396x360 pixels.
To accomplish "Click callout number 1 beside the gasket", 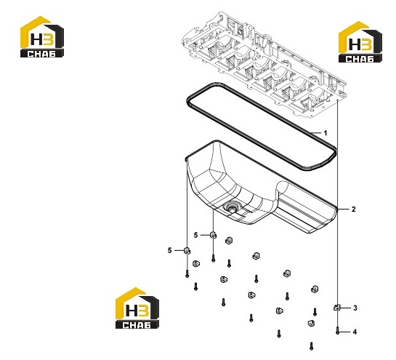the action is point(326,133).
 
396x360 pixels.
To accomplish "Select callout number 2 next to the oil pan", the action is point(354,209).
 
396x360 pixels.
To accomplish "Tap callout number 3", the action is point(355,308).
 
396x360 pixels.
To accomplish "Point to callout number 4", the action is point(355,332).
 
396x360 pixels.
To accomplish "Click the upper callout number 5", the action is point(196,235).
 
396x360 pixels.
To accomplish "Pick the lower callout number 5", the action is point(170,250).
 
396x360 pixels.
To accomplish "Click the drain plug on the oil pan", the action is point(231,207).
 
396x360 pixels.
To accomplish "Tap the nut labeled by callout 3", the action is point(337,308).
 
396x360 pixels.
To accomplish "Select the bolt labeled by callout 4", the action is point(338,331).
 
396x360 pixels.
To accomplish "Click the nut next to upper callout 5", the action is point(213,235).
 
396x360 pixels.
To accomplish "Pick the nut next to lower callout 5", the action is point(187,251).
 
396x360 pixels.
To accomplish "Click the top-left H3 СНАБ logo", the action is point(42,37).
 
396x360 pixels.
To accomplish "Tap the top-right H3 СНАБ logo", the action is point(360,42).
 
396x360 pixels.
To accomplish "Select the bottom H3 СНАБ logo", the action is point(137,308).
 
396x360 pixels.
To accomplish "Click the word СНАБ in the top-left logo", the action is point(41,54).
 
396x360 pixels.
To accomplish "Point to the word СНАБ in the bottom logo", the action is point(137,324).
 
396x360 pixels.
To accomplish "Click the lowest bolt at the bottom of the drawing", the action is point(312,346).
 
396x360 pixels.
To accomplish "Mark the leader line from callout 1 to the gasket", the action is point(316,132).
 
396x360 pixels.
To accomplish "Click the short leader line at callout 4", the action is point(345,332).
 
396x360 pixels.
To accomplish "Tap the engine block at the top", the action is point(264,65).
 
